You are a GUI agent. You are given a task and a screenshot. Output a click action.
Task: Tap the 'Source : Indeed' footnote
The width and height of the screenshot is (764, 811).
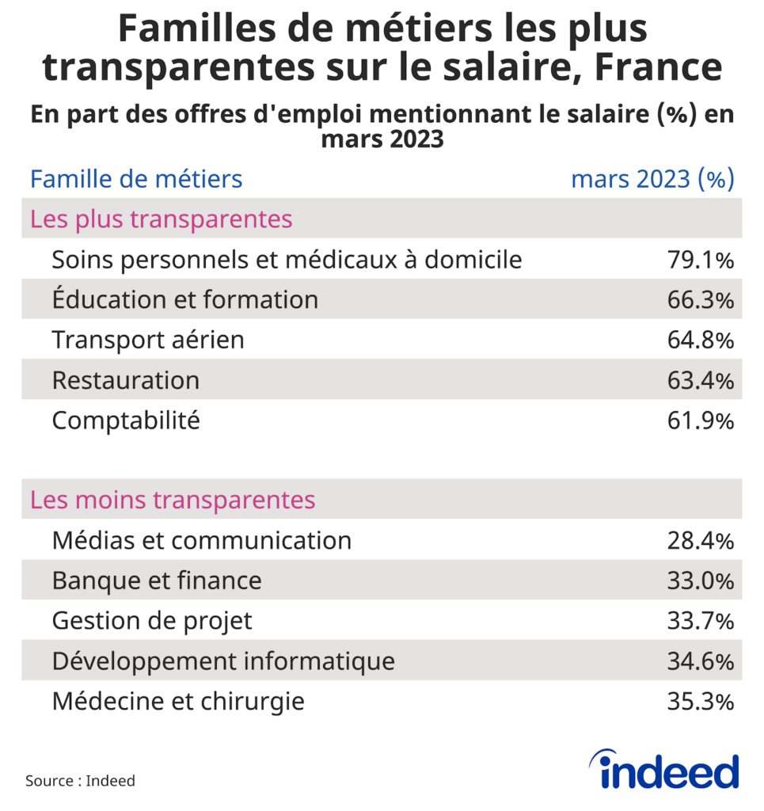[x=80, y=781]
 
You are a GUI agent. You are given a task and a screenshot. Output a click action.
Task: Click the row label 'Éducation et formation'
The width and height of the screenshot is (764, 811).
[x=184, y=300]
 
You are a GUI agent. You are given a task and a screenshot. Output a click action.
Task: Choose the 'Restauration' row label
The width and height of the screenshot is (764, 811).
[x=125, y=381]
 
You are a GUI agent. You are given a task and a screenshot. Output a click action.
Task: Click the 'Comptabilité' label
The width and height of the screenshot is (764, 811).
[x=126, y=421]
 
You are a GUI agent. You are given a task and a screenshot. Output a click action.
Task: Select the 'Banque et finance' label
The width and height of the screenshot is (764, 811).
[x=157, y=581]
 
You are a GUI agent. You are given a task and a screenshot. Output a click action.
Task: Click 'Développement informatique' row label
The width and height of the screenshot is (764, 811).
[x=223, y=661]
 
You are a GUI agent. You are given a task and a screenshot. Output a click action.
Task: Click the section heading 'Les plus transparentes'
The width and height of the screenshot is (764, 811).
[x=162, y=219]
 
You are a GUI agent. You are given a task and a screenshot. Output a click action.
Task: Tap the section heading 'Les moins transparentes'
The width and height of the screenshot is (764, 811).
[x=173, y=501]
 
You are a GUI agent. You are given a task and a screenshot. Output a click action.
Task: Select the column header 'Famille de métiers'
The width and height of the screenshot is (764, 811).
[x=136, y=179]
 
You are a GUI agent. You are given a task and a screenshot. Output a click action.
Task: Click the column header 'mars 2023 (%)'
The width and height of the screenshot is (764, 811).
[x=652, y=179]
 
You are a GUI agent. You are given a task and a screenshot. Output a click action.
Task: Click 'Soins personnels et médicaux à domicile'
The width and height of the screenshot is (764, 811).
[x=287, y=260]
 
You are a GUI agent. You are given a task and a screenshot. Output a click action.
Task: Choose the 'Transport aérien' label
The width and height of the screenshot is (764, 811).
[x=148, y=341]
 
